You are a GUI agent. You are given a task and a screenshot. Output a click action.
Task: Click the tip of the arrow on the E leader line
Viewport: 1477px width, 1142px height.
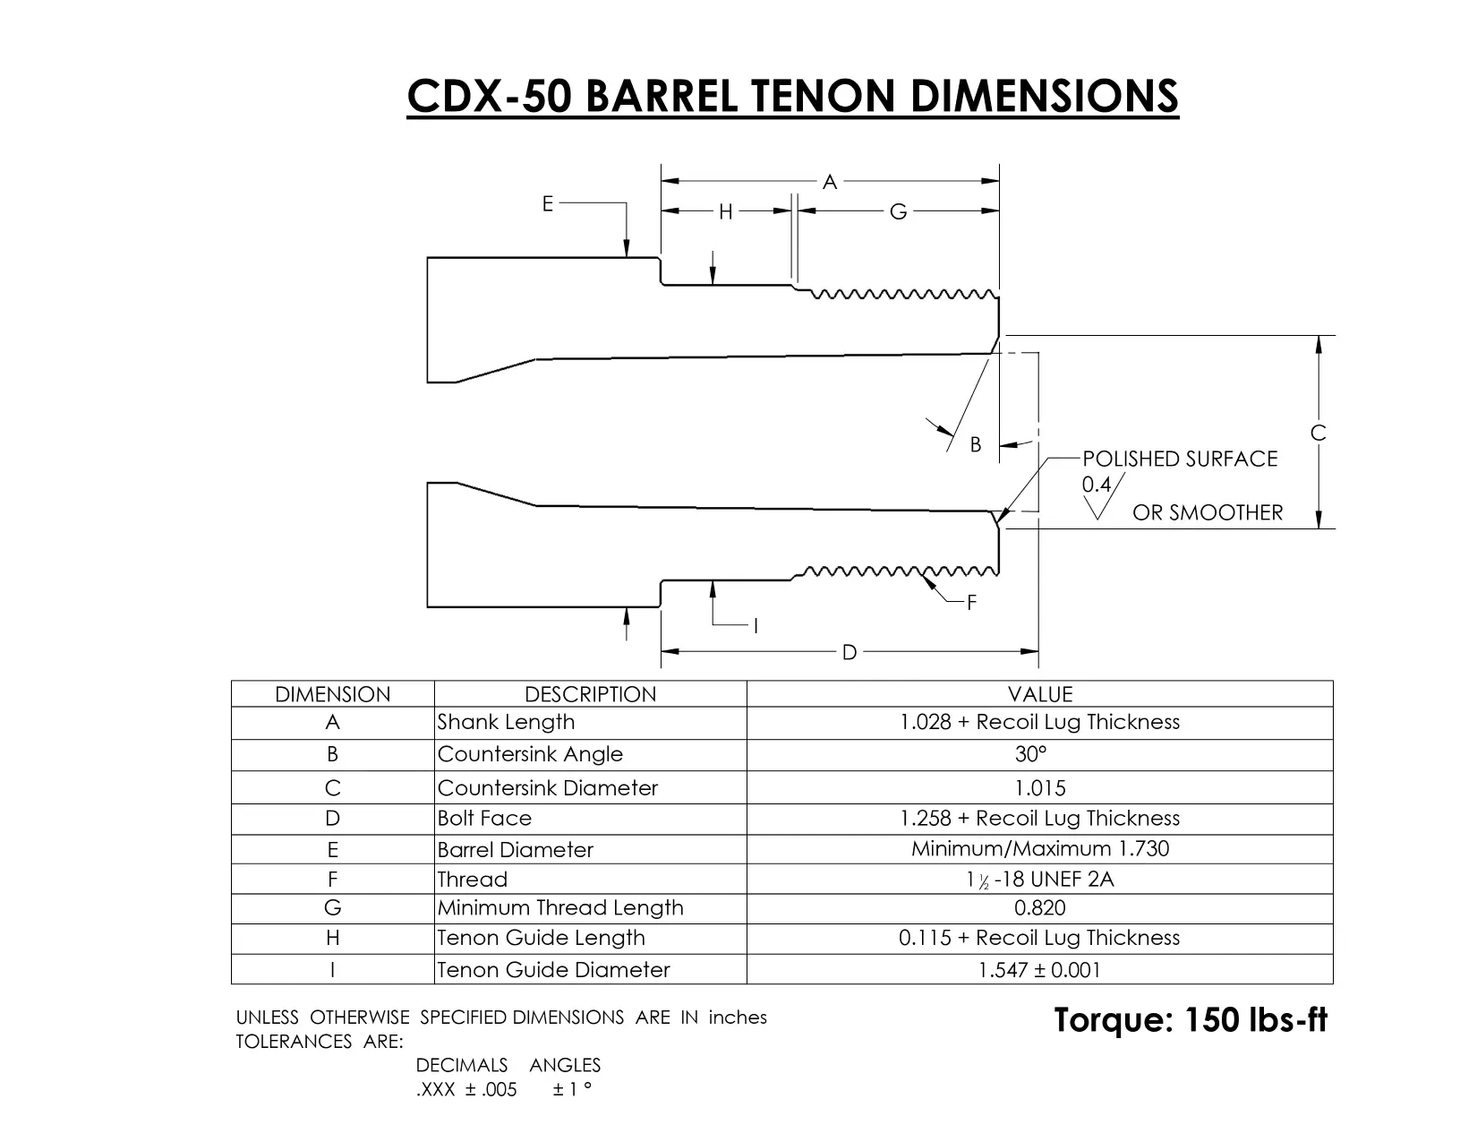point(626,257)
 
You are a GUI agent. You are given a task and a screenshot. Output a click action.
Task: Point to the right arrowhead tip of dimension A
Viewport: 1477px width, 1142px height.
point(998,181)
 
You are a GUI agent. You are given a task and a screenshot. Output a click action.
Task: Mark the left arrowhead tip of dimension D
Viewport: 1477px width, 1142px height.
point(662,651)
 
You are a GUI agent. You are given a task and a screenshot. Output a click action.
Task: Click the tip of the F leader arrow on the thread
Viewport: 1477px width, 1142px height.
point(922,575)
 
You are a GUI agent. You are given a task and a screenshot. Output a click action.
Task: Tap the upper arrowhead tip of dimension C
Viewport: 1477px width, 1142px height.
point(1319,336)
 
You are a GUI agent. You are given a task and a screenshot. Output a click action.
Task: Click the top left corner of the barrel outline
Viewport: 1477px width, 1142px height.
point(428,258)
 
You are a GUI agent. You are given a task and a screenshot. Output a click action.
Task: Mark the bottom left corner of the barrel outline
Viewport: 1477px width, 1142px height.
point(428,606)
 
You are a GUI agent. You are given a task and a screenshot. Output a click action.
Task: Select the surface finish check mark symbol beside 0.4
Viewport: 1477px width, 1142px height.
point(1103,496)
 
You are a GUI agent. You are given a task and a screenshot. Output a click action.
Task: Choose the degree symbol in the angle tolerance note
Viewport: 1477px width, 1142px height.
point(587,1084)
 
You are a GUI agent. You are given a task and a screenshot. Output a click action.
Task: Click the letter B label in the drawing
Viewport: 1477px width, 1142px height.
point(976,445)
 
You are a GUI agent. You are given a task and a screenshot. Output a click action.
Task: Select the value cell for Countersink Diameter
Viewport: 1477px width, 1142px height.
point(1039,787)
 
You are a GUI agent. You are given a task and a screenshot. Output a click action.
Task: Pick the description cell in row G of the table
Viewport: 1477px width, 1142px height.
point(590,908)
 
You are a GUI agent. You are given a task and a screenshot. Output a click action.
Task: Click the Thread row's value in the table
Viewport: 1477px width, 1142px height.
point(1039,879)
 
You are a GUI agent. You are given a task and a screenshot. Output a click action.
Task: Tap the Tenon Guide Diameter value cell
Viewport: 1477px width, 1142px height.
point(1039,969)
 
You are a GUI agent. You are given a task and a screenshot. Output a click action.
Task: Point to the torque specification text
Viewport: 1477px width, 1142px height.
point(1191,1019)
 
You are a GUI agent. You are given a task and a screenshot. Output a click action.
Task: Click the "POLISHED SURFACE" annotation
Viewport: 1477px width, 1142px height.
point(1180,459)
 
